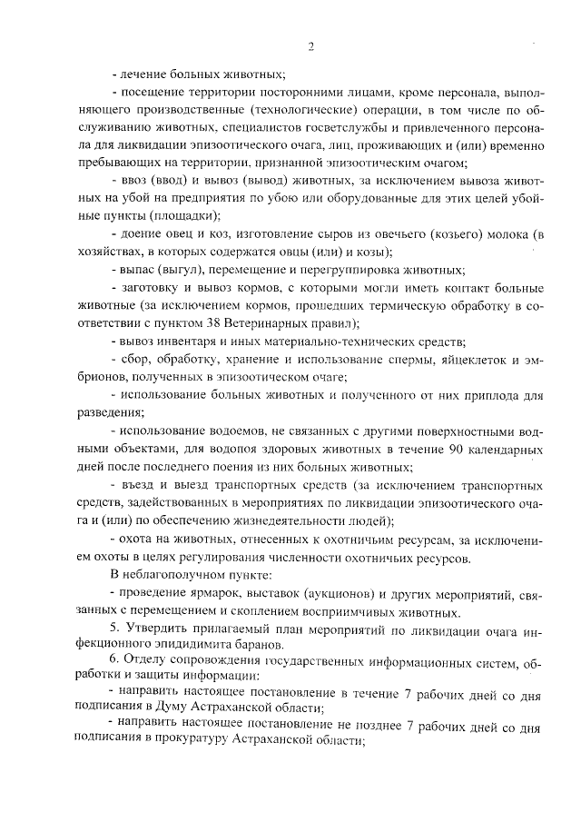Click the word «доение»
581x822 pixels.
[x=141, y=234]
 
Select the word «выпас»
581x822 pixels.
[x=137, y=271]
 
